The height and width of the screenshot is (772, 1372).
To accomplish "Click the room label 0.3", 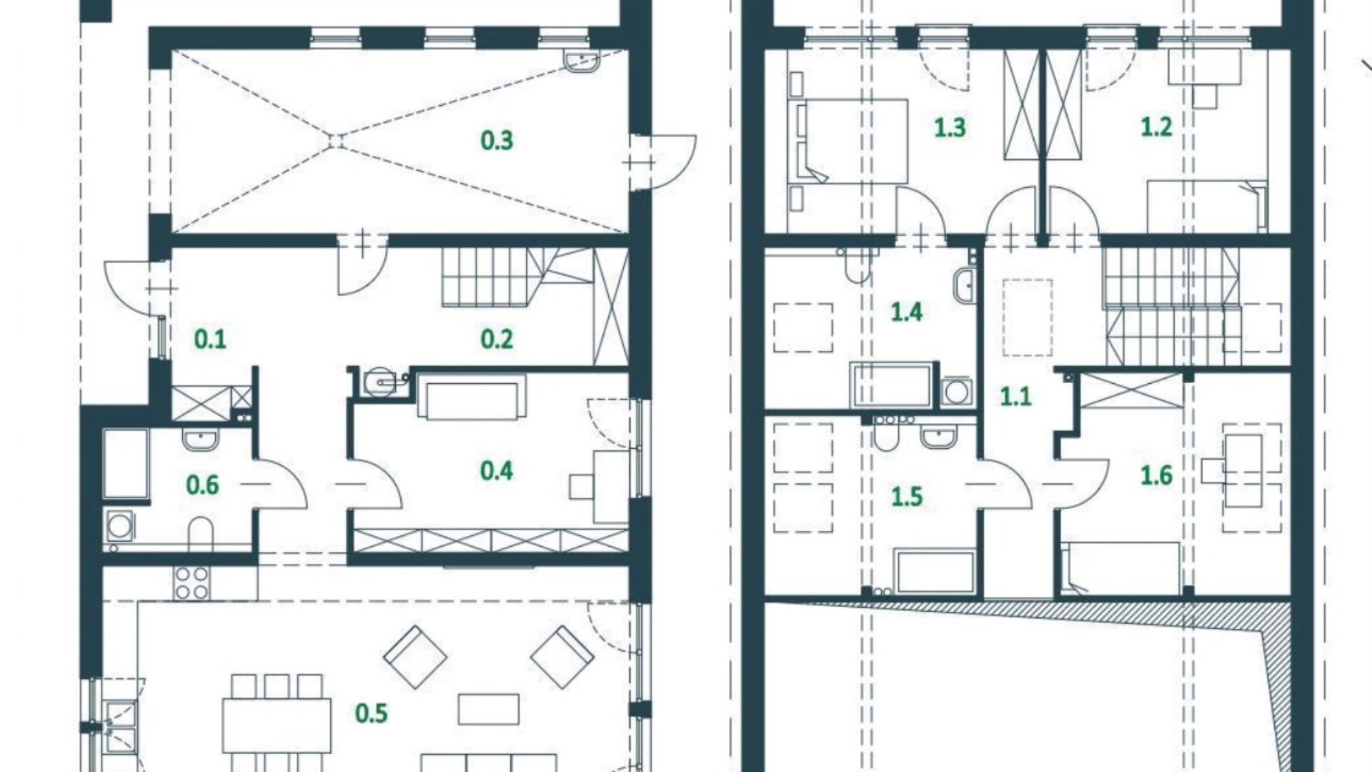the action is [x=497, y=141].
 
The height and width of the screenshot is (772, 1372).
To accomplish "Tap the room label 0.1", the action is [x=210, y=339].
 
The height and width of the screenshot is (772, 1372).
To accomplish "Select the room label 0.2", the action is [x=497, y=339].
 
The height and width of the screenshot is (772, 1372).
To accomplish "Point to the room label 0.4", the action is [x=497, y=470].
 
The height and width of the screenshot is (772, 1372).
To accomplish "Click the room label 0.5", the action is [x=372, y=713].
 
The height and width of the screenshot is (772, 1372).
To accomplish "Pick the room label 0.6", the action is [x=202, y=485].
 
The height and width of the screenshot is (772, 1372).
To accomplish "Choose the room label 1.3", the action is [x=950, y=127].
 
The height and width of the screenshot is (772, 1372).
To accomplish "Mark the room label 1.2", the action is [x=1156, y=127].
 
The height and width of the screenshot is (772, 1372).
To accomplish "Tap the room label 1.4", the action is [x=906, y=312].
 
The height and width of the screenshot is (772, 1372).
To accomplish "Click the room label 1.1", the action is [x=1015, y=396].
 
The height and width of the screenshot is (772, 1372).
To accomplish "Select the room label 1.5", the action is [x=906, y=496].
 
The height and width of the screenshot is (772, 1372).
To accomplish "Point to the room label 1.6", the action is [x=1156, y=475].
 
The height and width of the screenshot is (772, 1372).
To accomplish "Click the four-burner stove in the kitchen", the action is [x=192, y=583].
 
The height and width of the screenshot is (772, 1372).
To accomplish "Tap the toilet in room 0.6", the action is [x=201, y=534].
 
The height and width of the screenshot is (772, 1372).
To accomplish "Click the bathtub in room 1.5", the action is [x=934, y=572].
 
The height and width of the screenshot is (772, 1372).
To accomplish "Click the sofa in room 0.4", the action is [x=472, y=397].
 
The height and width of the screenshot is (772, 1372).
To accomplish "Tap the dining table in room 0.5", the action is [x=277, y=725].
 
